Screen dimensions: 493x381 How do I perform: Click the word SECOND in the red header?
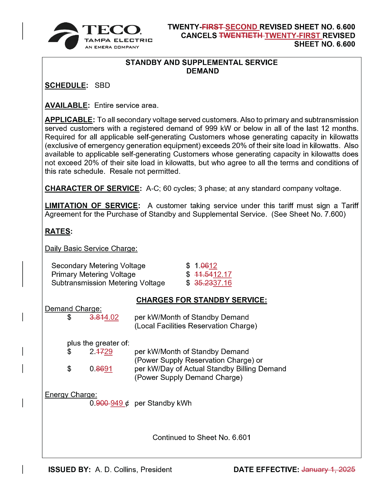pyautogui.click(x=241, y=27)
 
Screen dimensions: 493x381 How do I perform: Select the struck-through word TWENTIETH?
pyautogui.click(x=241, y=35)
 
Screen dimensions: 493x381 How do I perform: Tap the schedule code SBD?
pyautogui.click(x=102, y=85)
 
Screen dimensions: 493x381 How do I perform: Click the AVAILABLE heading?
pyautogui.click(x=66, y=105)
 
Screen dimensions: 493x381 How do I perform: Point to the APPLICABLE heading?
pyautogui.click(x=69, y=120)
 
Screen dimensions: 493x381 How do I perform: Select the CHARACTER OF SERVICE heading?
pyautogui.click(x=92, y=188)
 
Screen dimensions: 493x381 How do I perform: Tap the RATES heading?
pyautogui.click(x=58, y=231)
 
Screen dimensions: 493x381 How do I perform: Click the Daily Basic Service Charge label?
pyautogui.click(x=91, y=249)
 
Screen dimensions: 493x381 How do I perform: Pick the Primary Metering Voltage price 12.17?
pyautogui.click(x=222, y=274)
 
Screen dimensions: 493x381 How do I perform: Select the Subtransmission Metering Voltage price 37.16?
pyautogui.click(x=222, y=283)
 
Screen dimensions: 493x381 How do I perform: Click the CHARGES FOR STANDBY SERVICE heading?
pyautogui.click(x=202, y=300)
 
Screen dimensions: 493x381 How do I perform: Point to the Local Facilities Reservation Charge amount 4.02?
pyautogui.click(x=111, y=317)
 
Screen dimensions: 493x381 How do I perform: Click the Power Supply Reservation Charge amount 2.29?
pyautogui.click(x=101, y=352)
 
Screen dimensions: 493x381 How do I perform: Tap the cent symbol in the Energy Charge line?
pyautogui.click(x=127, y=403)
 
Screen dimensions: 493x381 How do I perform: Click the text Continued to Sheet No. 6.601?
pyautogui.click(x=202, y=438)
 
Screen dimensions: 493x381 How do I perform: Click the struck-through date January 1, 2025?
pyautogui.click(x=328, y=470)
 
